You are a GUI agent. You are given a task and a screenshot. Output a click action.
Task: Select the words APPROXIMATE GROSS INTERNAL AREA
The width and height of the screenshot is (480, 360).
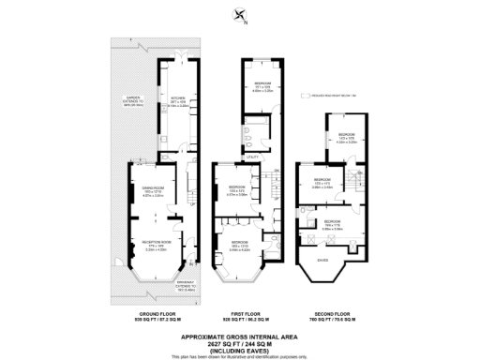click(240, 336)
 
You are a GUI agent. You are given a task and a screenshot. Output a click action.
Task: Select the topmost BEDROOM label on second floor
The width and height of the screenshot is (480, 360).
click(346, 135)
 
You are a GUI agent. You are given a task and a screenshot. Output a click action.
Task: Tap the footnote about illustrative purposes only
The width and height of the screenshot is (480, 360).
click(240, 357)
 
